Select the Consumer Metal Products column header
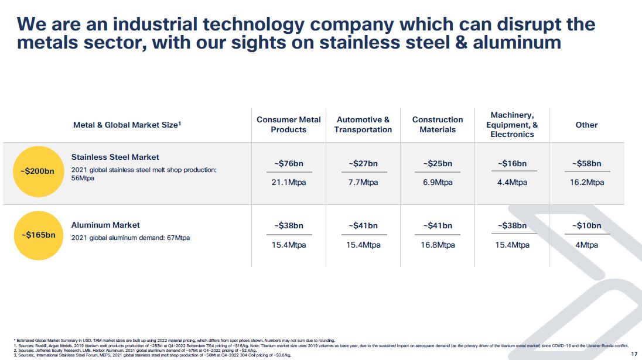pyautogui.click(x=289, y=124)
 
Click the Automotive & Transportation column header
pyautogui.click(x=363, y=124)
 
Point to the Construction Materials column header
pyautogui.click(x=438, y=124)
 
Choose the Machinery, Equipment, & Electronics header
pyautogui.click(x=512, y=124)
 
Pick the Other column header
pyautogui.click(x=586, y=125)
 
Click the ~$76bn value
pyautogui.click(x=289, y=163)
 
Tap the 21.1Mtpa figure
pyautogui.click(x=289, y=182)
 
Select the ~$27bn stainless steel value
pyautogui.click(x=363, y=163)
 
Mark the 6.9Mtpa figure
pyautogui.click(x=438, y=182)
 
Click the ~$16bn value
pyautogui.click(x=512, y=163)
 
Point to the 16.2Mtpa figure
pyautogui.click(x=587, y=182)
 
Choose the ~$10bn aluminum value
pyautogui.click(x=587, y=225)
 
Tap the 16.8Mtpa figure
pyautogui.click(x=438, y=245)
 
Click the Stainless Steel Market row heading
pyautogui.click(x=115, y=157)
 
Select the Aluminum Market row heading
pyautogui.click(x=105, y=225)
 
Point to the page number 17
pyautogui.click(x=634, y=354)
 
